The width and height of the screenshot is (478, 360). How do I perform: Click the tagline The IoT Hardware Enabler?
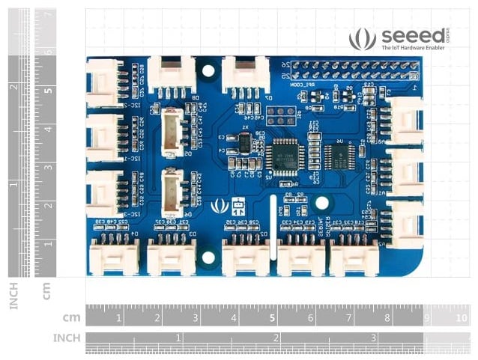pyautogui.click(x=412, y=48)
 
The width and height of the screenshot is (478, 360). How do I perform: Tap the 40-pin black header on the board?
pyautogui.click(x=354, y=70)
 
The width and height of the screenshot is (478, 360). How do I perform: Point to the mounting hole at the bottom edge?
pyautogui.click(x=209, y=257)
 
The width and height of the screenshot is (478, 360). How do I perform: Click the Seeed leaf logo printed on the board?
pyautogui.click(x=219, y=204)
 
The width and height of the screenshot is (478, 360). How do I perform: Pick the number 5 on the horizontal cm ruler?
pyautogui.click(x=272, y=318)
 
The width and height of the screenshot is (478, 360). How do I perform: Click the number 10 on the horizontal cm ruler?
pyautogui.click(x=461, y=318)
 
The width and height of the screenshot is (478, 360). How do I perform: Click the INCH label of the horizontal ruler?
pyautogui.click(x=66, y=338)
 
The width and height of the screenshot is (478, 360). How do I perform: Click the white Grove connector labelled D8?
pyautogui.click(x=170, y=73)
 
